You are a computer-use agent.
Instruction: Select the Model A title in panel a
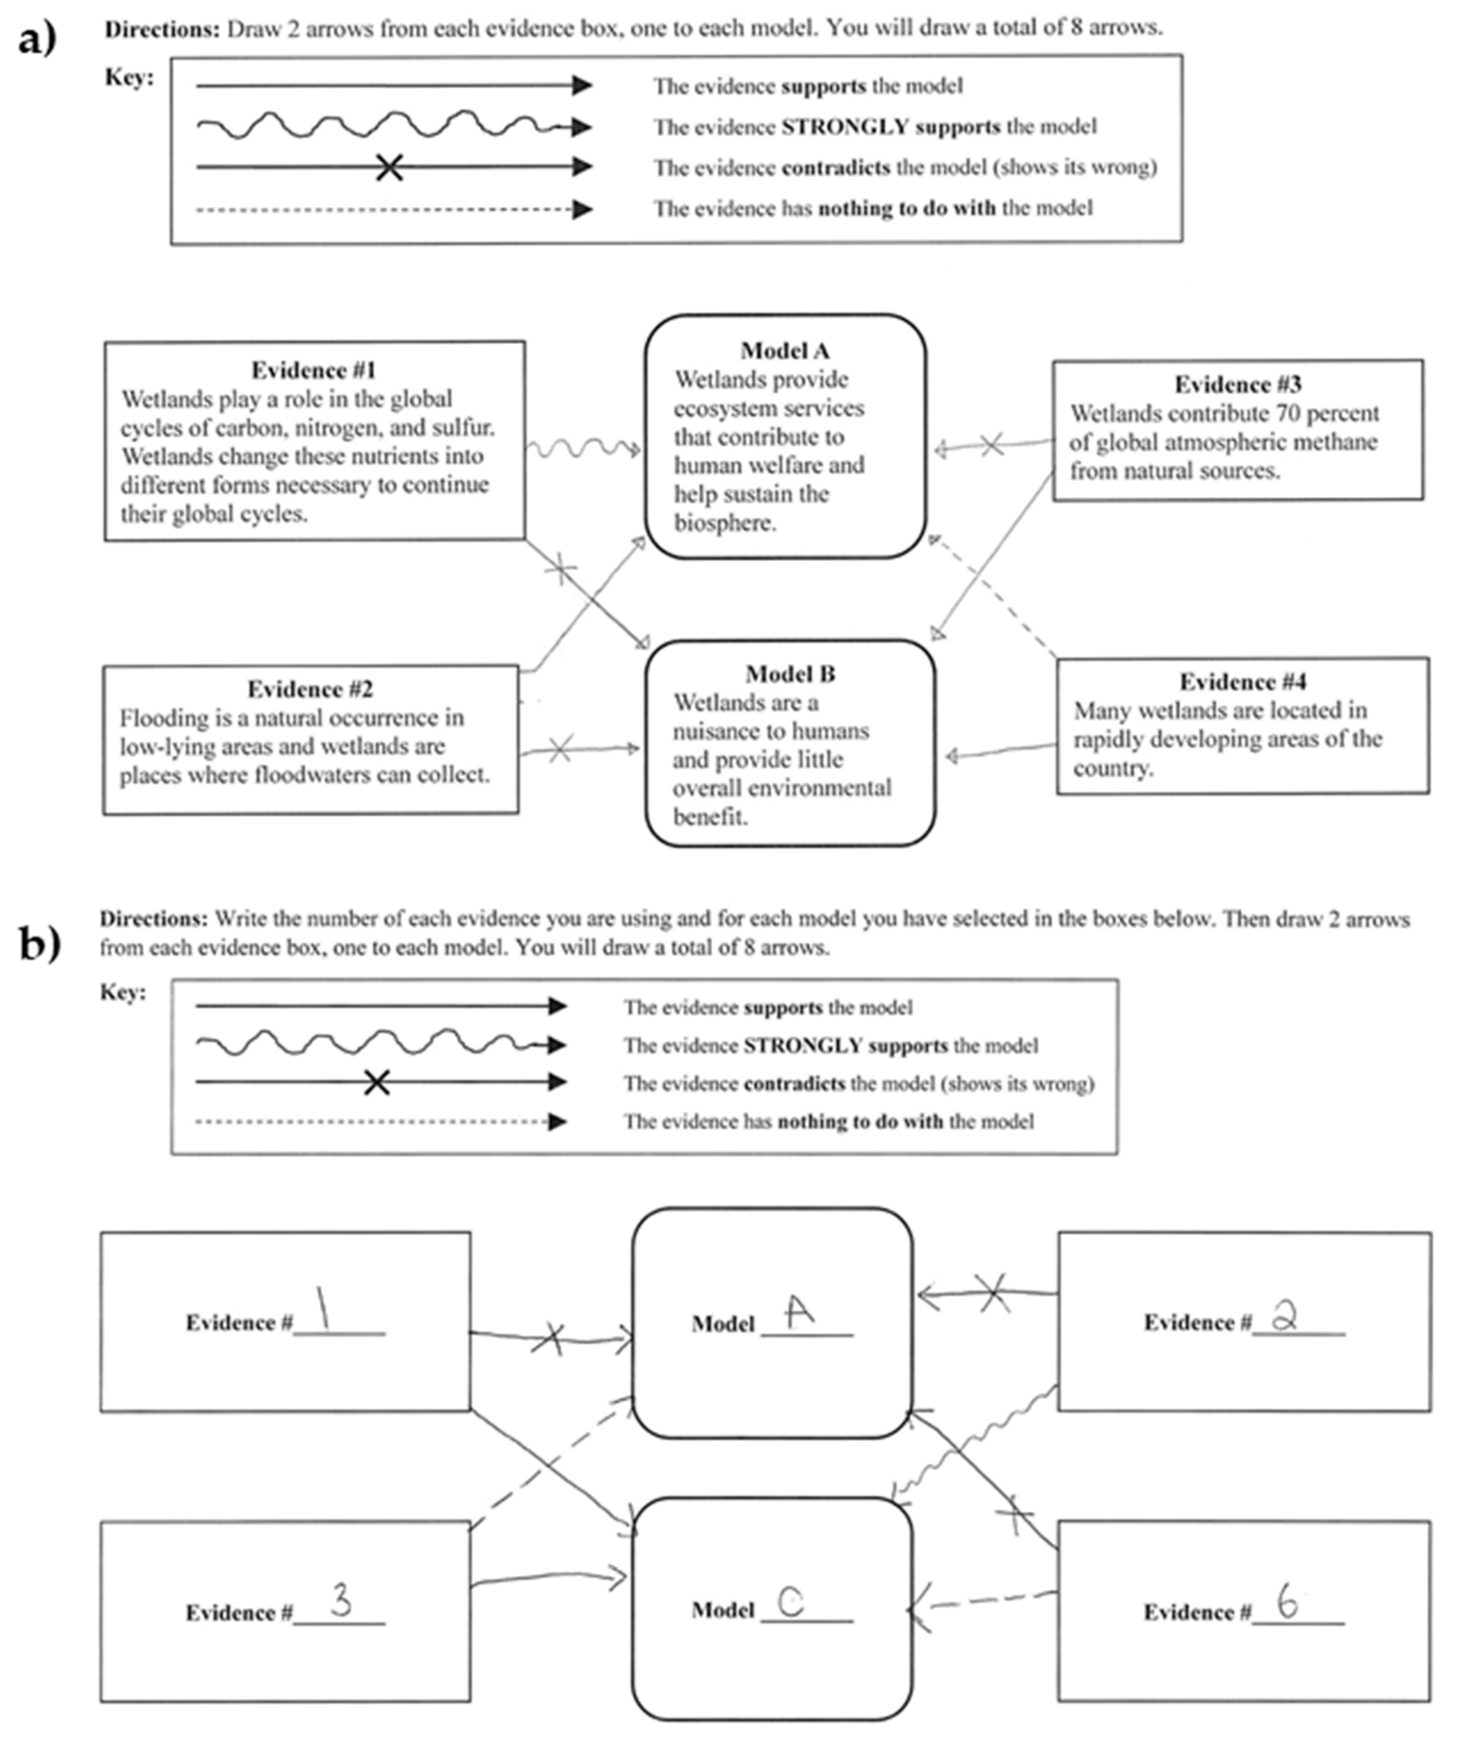pos(785,351)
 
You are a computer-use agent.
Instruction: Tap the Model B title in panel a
pos(790,674)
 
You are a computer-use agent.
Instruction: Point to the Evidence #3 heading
pos(1237,385)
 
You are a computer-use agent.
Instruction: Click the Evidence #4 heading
pos(1243,682)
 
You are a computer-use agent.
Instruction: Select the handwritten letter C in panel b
pos(791,1602)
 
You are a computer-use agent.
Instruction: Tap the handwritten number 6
pos(1287,1603)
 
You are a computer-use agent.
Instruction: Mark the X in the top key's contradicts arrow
pos(389,168)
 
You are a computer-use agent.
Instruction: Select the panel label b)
pos(39,944)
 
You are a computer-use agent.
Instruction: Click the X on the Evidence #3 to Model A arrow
pos(992,445)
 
